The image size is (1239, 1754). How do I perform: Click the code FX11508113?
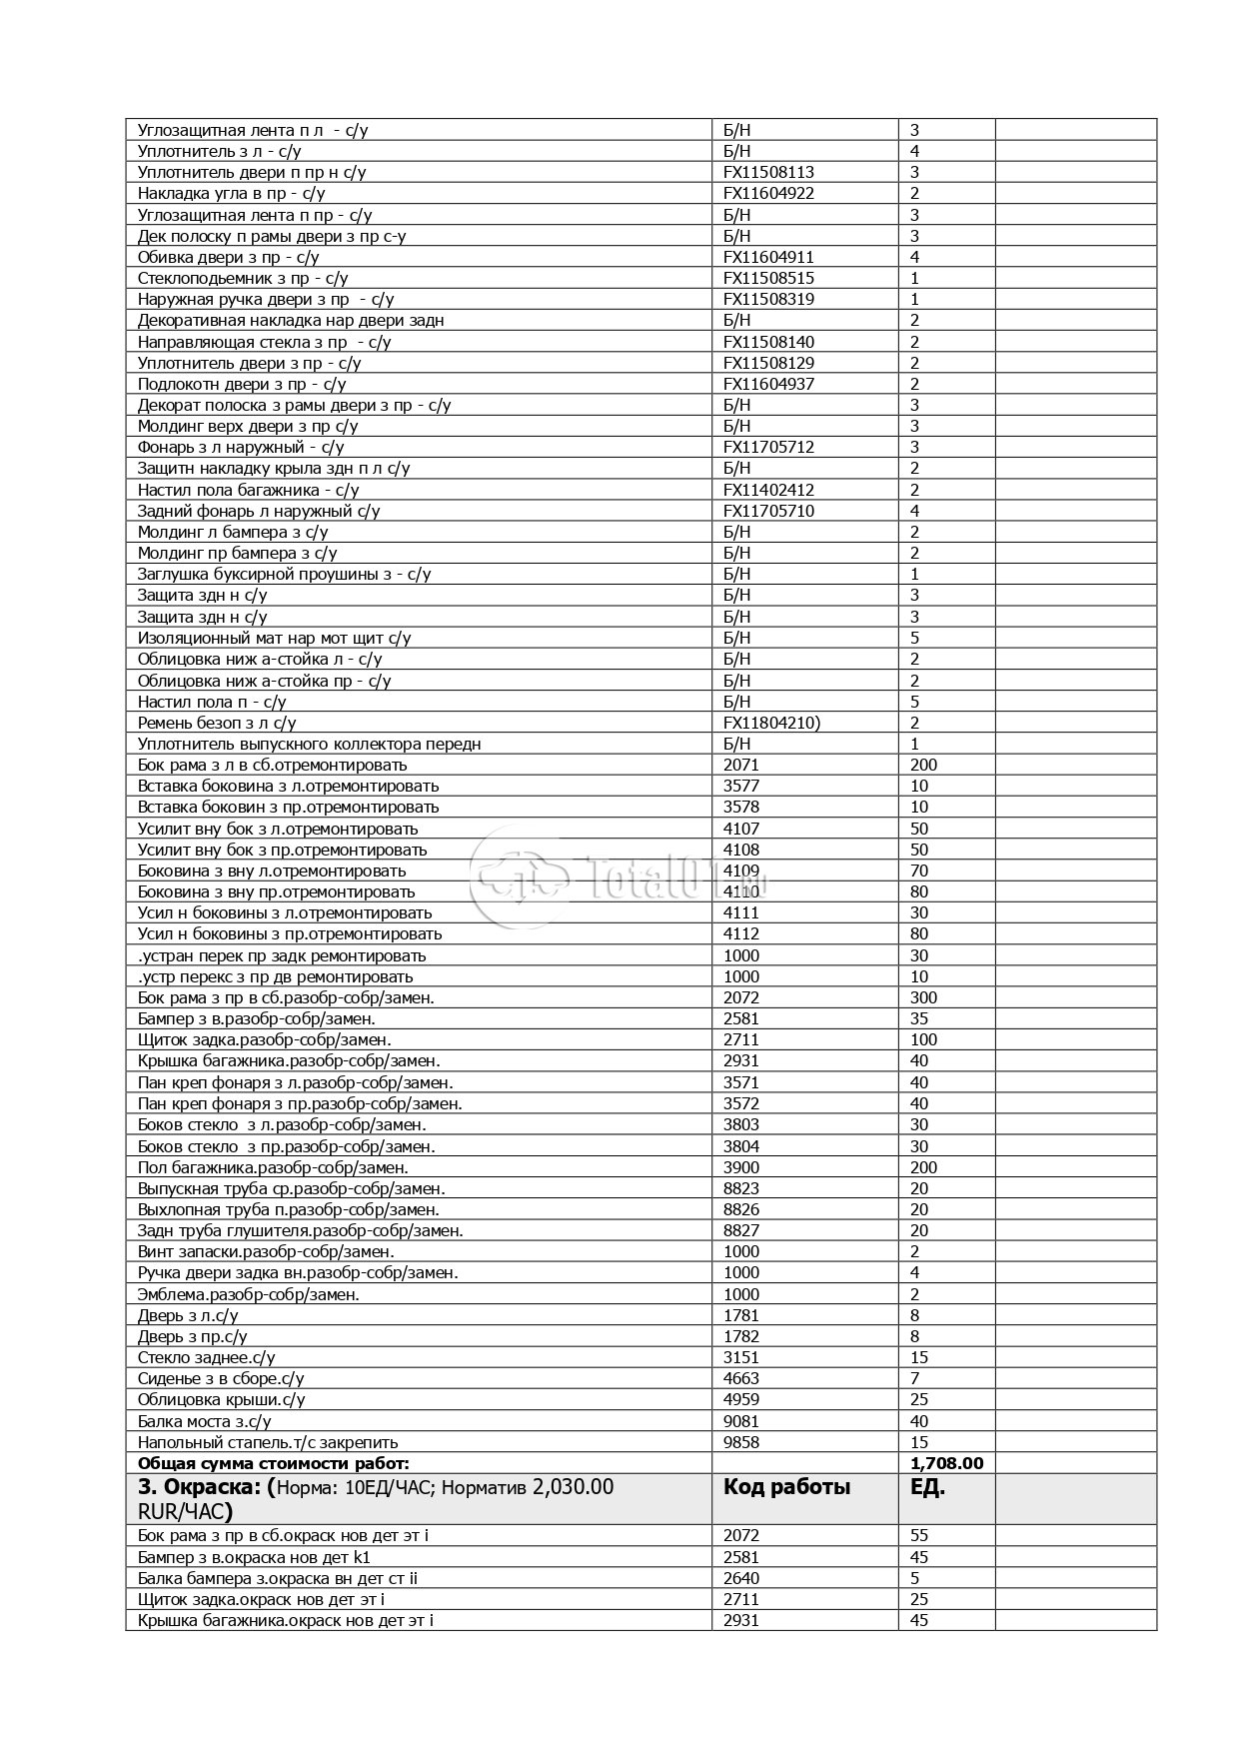click(x=768, y=172)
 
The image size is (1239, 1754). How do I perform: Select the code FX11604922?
click(x=768, y=193)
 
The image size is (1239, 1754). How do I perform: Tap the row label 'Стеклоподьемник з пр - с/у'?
click(x=243, y=278)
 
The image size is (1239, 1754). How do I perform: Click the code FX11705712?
click(x=768, y=447)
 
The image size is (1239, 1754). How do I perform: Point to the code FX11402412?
click(x=768, y=490)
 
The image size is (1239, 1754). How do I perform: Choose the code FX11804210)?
click(x=771, y=723)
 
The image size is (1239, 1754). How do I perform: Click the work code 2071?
click(x=740, y=765)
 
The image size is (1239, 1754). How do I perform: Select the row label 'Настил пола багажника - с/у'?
click(x=248, y=490)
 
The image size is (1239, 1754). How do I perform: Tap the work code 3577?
click(x=740, y=786)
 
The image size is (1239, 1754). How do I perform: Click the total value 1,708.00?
click(x=946, y=1463)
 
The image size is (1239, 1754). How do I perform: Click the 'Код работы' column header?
click(x=786, y=1487)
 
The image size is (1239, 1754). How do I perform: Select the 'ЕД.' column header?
click(x=927, y=1487)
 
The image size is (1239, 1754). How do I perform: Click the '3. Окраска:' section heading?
click(x=201, y=1487)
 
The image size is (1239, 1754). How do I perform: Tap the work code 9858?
click(x=740, y=1442)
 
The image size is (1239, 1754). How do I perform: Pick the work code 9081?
click(x=740, y=1421)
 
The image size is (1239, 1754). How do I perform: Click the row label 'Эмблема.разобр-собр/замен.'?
click(x=248, y=1294)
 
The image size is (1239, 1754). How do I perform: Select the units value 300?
click(x=923, y=997)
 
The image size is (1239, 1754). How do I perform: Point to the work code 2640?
click(x=740, y=1578)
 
